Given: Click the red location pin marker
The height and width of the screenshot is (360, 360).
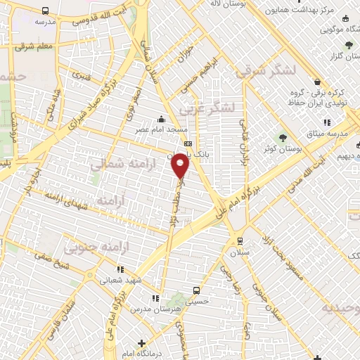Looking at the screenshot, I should point(181,166).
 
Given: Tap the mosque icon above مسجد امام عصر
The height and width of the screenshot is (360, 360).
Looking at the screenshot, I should point(162,118).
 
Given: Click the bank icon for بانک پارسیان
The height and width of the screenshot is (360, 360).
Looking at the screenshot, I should point(187,143).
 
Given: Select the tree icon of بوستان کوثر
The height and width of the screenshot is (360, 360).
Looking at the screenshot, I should point(283,137).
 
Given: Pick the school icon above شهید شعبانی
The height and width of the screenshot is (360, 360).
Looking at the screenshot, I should point(120,268).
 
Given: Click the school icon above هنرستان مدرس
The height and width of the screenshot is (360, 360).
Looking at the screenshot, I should point(155,298).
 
